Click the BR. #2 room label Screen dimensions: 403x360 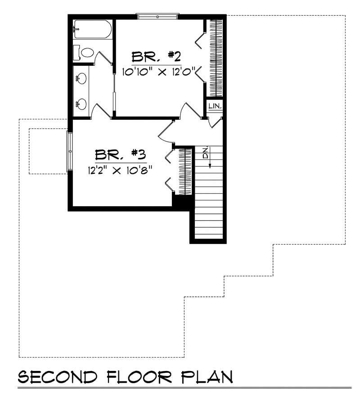point(156,57)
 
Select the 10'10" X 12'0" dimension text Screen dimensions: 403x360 point(160,72)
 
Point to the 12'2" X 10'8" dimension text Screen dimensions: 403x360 point(121,170)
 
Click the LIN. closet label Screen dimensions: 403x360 point(214,105)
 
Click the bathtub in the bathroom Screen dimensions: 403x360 point(92,29)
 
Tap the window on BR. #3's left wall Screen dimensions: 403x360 point(70,151)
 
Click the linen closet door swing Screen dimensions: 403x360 point(217,122)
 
